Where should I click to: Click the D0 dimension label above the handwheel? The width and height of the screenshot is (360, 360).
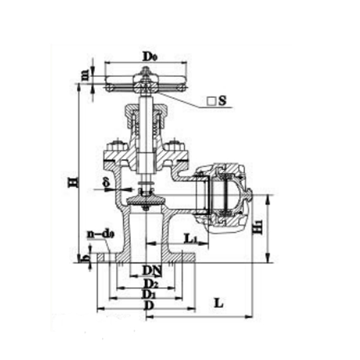149,56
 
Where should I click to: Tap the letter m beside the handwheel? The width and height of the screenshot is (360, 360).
86,75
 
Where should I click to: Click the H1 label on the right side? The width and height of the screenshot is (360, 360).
259,227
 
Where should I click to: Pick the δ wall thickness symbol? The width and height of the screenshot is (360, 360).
106,181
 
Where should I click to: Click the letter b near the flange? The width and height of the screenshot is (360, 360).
85,258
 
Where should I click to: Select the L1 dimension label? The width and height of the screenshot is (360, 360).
191,238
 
